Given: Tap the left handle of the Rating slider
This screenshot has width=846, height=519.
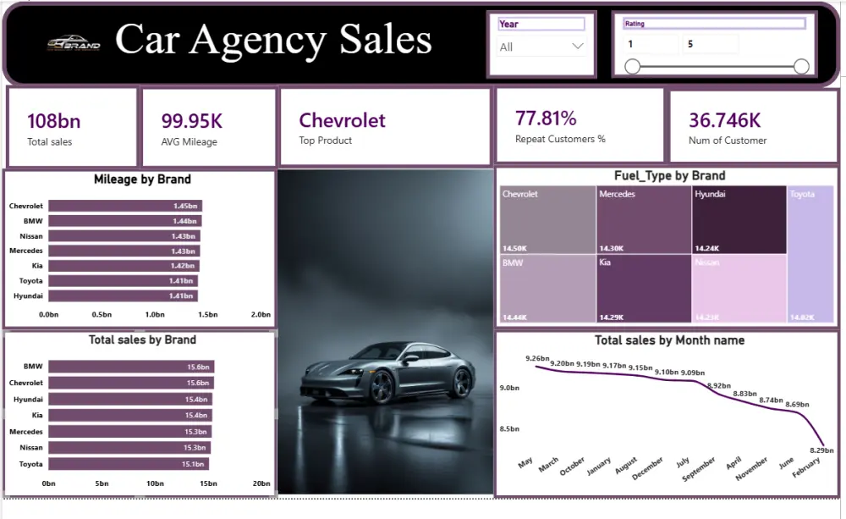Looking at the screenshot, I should [x=632, y=67].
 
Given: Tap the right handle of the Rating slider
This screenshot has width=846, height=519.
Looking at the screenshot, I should [x=802, y=67].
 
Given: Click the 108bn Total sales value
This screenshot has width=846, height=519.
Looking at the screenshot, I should [x=54, y=121].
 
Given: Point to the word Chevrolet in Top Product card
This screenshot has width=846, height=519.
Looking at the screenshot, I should [x=342, y=120].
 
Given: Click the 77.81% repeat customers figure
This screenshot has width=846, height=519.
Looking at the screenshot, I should [x=546, y=118].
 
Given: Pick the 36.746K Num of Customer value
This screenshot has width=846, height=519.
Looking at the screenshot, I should [x=724, y=120].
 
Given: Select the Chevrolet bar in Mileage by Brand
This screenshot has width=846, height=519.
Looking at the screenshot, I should [x=125, y=206].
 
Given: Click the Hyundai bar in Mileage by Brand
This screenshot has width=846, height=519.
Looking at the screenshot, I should [x=123, y=296].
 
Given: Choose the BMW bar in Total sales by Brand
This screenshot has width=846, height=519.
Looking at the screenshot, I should [x=131, y=367].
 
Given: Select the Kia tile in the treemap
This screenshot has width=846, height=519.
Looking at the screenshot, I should [x=643, y=289].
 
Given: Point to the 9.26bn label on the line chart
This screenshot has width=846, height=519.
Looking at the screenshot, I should [x=537, y=358].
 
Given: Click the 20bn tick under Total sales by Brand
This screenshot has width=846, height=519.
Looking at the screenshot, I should [x=261, y=483].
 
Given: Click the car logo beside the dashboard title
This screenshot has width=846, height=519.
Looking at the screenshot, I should [x=74, y=42].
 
